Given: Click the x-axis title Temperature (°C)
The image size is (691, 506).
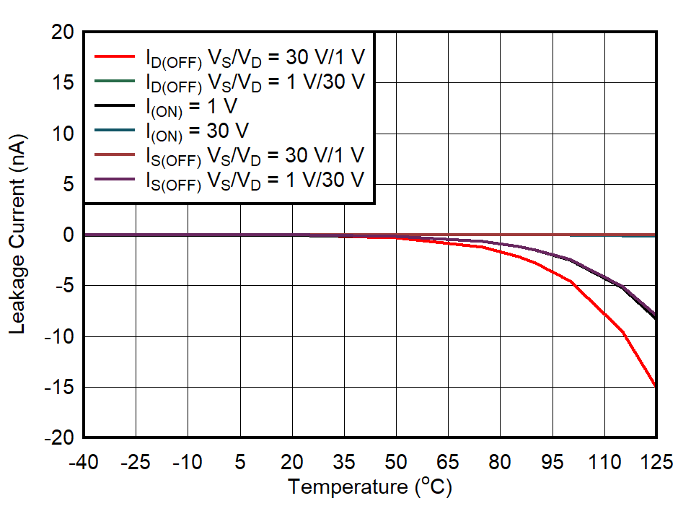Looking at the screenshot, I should pyautogui.click(x=370, y=487).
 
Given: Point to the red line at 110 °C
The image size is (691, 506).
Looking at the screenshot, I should pyautogui.click(x=603, y=313).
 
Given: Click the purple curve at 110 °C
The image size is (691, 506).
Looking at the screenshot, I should pyautogui.click(x=603, y=277).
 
